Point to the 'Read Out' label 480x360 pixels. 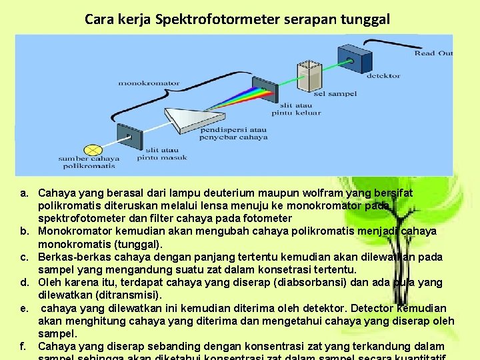(x=433, y=53)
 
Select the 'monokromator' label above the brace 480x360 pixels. (x=149, y=83)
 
